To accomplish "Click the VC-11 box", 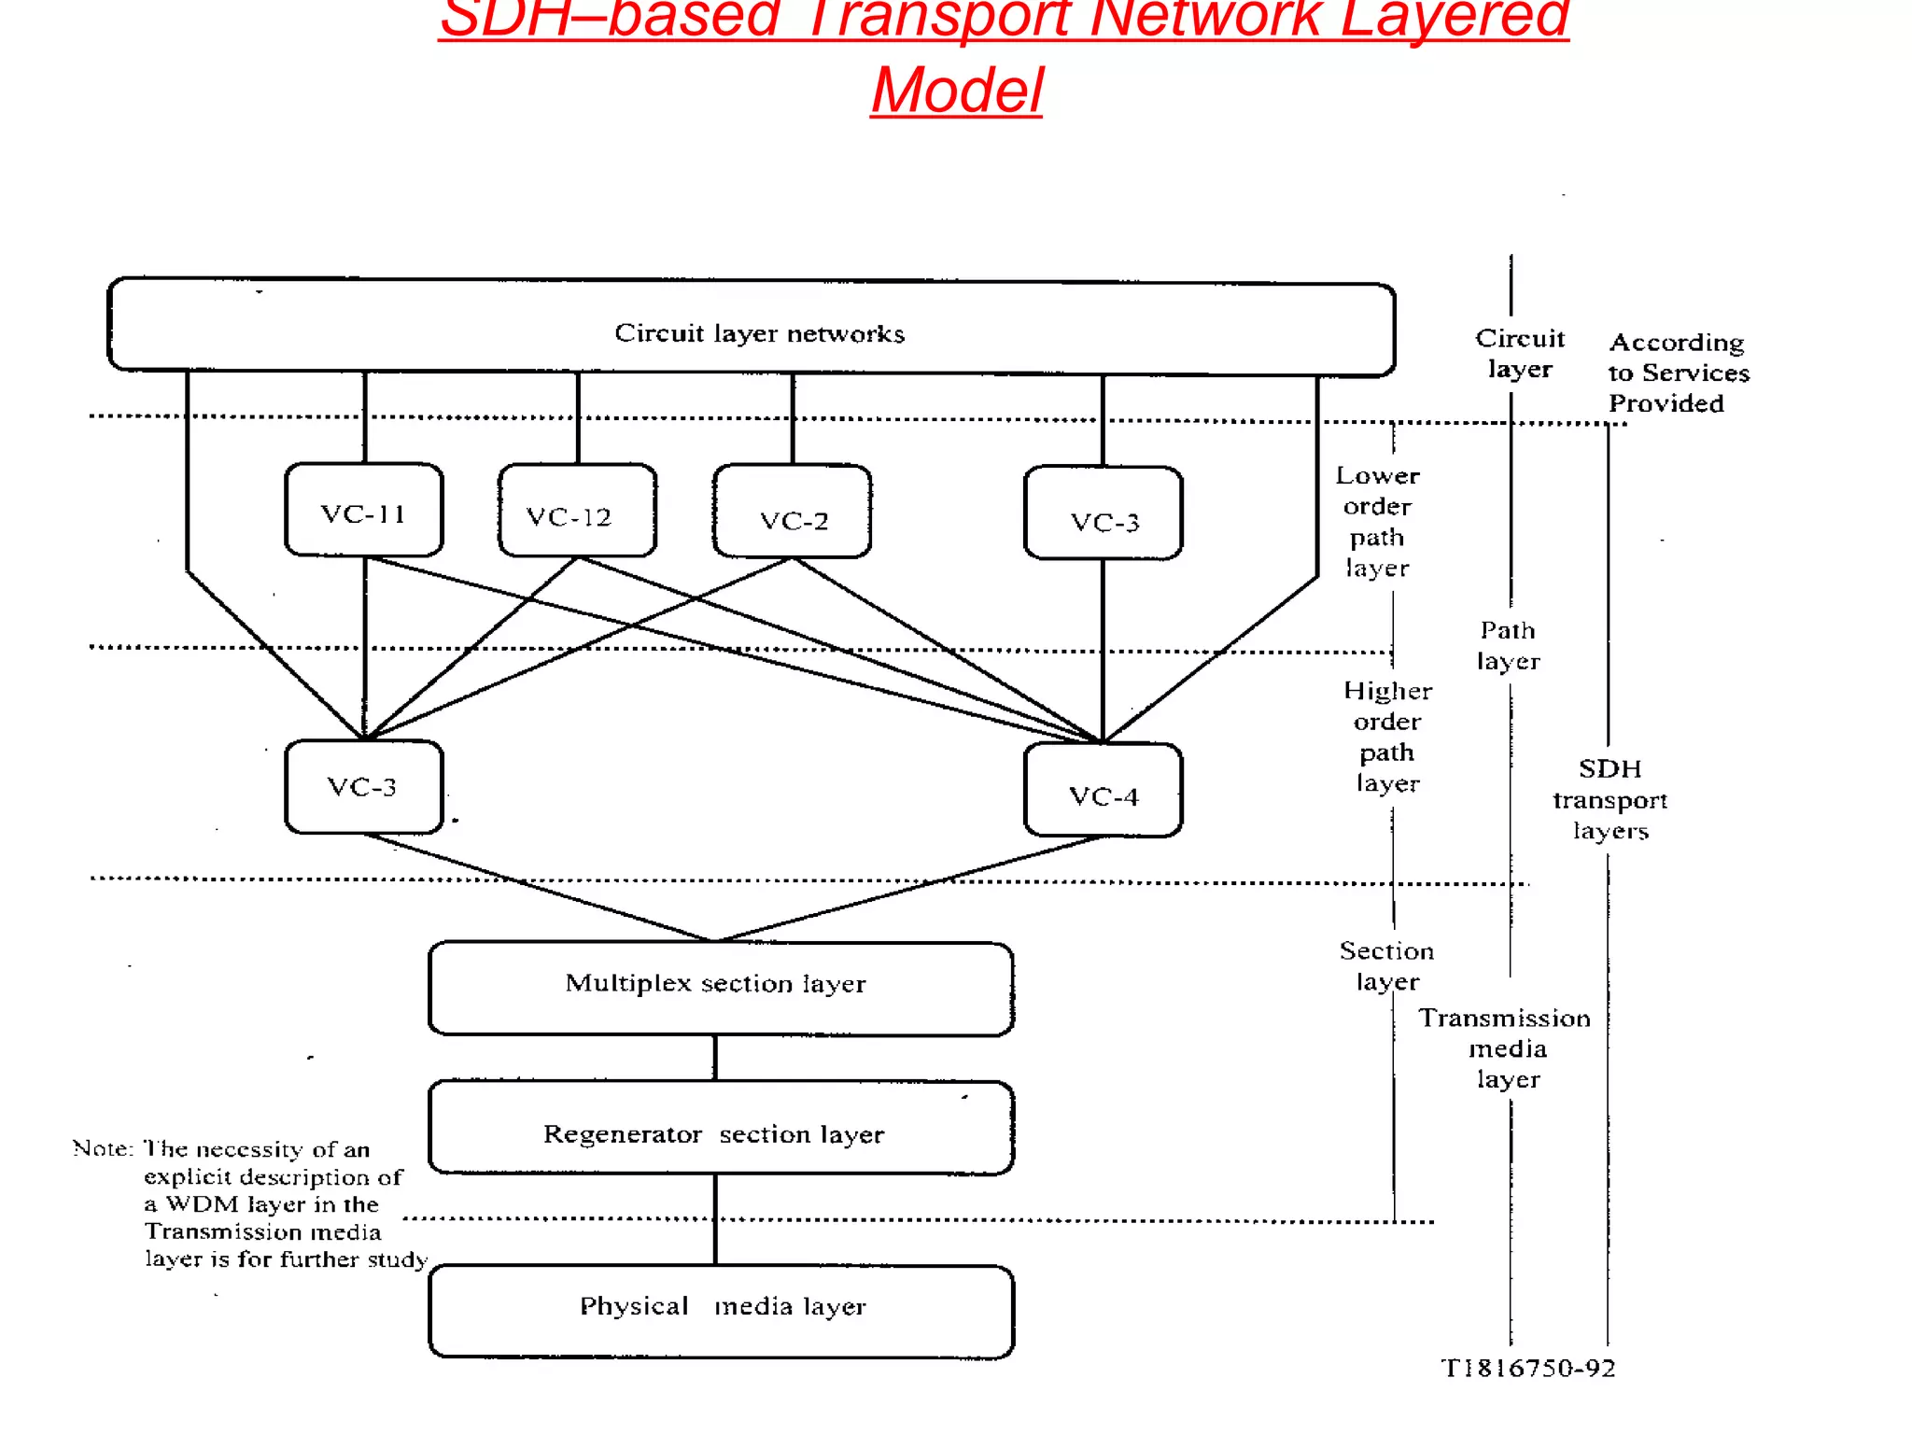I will (x=363, y=511).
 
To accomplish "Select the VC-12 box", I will (x=577, y=512).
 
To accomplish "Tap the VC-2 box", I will (x=792, y=513).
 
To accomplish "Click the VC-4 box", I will (x=1103, y=792).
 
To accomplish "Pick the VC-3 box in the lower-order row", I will (x=1103, y=515).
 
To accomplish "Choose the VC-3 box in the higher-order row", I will (x=363, y=787).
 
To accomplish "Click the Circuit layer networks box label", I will (x=759, y=333).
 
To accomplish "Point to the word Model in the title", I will (x=956, y=91).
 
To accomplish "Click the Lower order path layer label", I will (x=1377, y=522).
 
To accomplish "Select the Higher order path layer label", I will (x=1387, y=737).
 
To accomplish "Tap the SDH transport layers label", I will (x=1610, y=799).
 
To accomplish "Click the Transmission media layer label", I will (x=1505, y=1047).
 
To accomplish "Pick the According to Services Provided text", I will (x=1677, y=373).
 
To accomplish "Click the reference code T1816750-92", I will (x=1528, y=1369).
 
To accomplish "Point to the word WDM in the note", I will (x=202, y=1204).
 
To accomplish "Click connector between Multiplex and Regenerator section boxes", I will (x=715, y=1058).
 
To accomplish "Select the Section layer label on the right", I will (x=1386, y=965).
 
